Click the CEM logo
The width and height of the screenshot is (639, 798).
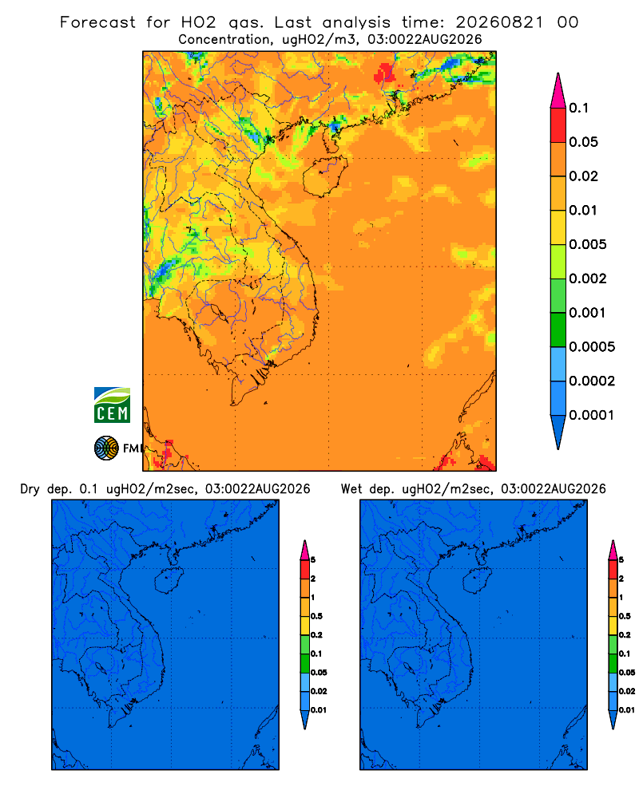[x=112, y=405]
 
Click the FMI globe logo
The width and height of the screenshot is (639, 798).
[x=106, y=448]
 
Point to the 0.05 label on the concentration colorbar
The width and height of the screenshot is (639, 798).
[x=583, y=142]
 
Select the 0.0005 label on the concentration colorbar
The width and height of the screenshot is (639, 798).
[x=592, y=347]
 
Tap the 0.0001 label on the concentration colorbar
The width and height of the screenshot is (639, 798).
[x=592, y=415]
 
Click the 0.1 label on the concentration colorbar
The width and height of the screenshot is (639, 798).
[x=579, y=108]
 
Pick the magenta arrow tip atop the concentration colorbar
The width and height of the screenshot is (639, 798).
[x=558, y=91]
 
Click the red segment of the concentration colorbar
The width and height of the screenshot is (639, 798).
[x=558, y=125]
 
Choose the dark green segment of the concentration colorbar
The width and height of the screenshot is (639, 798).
[x=558, y=330]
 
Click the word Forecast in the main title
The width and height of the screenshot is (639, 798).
[x=97, y=22]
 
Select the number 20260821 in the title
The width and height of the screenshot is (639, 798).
[x=499, y=22]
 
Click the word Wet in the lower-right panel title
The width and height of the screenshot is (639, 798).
[x=351, y=489]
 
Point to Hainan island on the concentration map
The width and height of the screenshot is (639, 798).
[x=324, y=176]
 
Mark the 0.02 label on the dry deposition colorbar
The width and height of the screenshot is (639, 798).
[x=319, y=691]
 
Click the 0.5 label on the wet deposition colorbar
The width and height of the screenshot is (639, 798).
[x=625, y=616]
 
